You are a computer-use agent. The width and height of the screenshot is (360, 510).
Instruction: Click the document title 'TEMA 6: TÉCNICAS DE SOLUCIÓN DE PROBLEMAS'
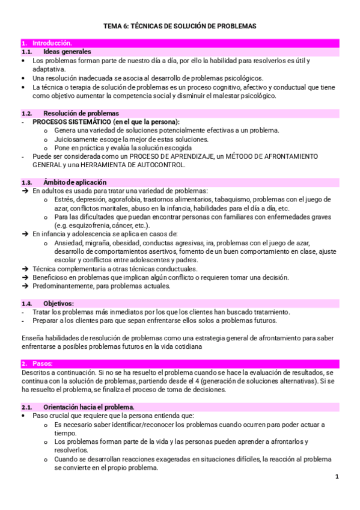coord(180,26)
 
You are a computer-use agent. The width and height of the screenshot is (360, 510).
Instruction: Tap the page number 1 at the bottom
coord(337,477)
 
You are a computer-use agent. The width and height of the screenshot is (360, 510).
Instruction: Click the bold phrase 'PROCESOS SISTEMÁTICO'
coord(72,121)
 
